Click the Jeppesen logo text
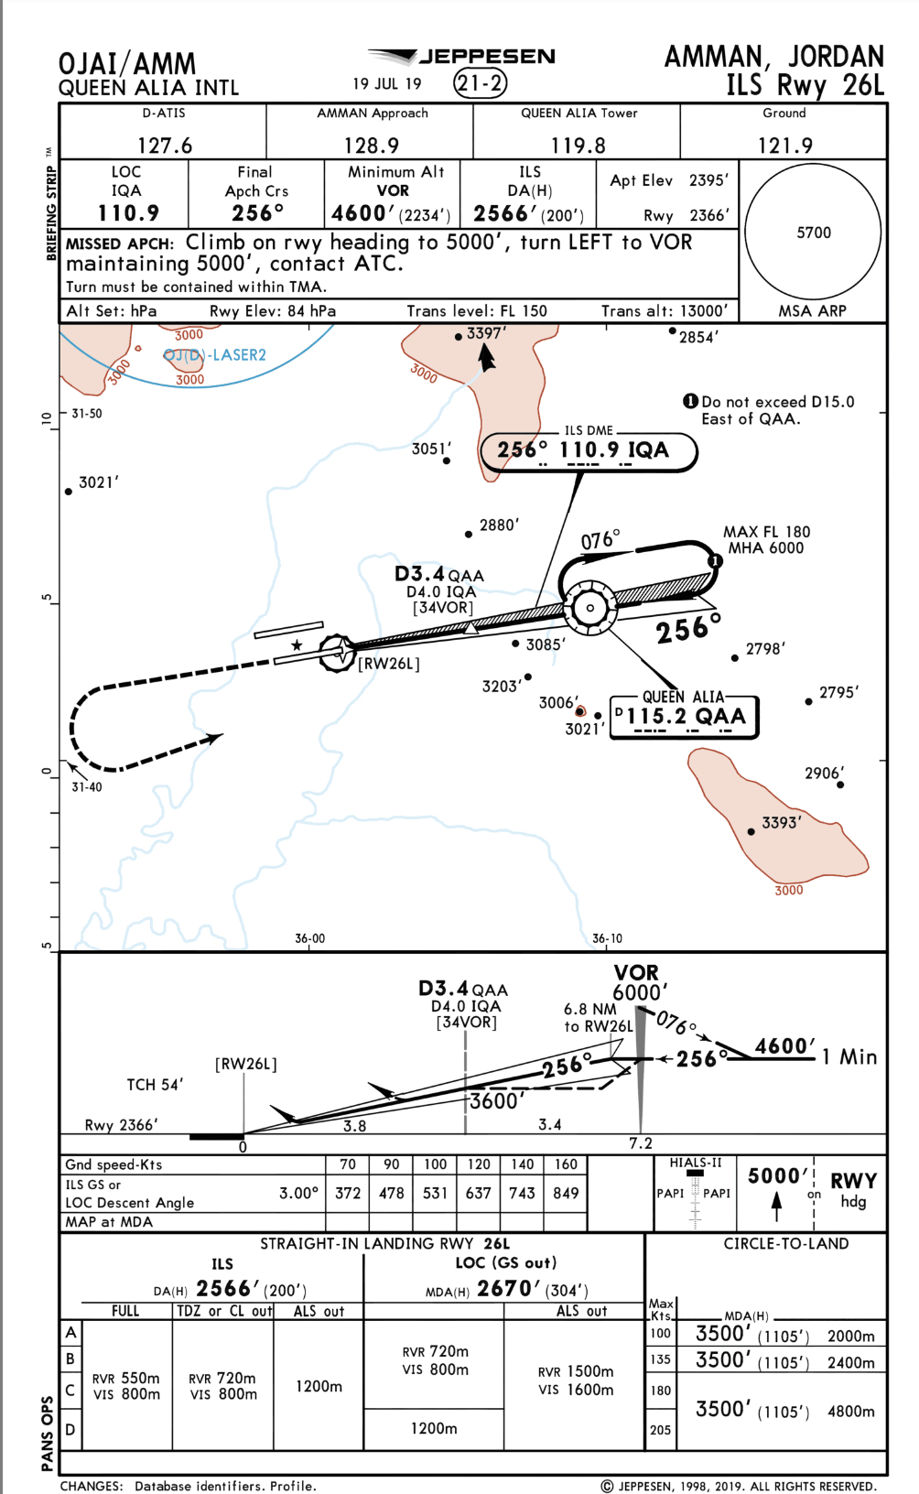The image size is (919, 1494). click(487, 57)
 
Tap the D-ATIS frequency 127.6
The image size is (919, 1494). click(165, 146)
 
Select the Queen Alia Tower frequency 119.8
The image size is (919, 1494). click(578, 146)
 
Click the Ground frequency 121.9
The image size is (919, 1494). click(785, 146)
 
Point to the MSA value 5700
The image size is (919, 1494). click(814, 233)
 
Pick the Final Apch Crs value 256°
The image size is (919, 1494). click(257, 213)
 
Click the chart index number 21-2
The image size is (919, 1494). click(481, 84)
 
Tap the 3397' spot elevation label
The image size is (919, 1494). click(486, 333)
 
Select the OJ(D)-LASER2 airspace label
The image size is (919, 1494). click(215, 355)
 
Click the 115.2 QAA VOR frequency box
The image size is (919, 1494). click(685, 717)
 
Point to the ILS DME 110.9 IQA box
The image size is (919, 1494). click(589, 451)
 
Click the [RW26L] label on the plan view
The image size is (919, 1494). click(389, 664)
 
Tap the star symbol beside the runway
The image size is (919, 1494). click(297, 645)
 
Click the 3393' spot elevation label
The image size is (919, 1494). click(782, 822)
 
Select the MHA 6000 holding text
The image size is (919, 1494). click(765, 548)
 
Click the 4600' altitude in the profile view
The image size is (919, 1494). click(785, 1045)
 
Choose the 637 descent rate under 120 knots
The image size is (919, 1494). click(478, 1193)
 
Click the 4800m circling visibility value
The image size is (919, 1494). click(851, 1412)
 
